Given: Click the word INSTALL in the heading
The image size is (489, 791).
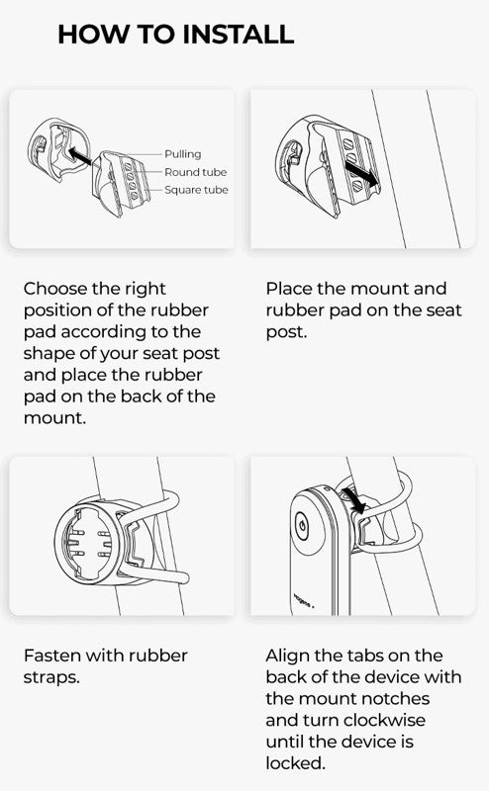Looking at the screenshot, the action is (x=238, y=35).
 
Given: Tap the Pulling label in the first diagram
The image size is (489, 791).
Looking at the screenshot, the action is (x=183, y=154).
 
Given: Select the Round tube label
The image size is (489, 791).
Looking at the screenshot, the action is (x=195, y=172).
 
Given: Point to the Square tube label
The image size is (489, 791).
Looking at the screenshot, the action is (x=196, y=190).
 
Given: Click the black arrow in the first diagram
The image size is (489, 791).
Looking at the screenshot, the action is (x=79, y=155).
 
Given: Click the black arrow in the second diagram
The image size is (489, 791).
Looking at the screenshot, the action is (x=362, y=174).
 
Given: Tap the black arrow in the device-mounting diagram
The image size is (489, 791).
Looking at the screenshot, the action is (x=354, y=500).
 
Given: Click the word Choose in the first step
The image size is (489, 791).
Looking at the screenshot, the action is (x=55, y=289).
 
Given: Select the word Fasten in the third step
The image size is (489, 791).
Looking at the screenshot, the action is (x=51, y=656).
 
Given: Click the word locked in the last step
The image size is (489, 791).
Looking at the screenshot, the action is (x=295, y=762).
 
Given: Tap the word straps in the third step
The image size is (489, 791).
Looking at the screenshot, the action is (x=51, y=677).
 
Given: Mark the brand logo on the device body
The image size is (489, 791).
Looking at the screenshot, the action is (x=304, y=600).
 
